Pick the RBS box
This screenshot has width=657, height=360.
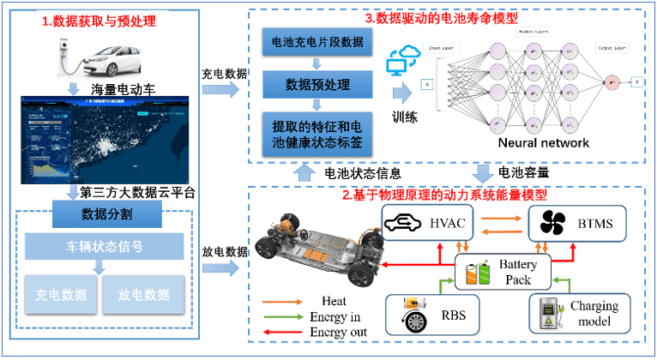tap(429, 315)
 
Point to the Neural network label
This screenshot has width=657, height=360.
tap(544, 142)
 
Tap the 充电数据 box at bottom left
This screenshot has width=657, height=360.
tap(60, 295)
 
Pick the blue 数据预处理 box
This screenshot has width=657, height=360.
tap(316, 83)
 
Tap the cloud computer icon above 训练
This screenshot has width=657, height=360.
tap(401, 61)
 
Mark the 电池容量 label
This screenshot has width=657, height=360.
tap(523, 171)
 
